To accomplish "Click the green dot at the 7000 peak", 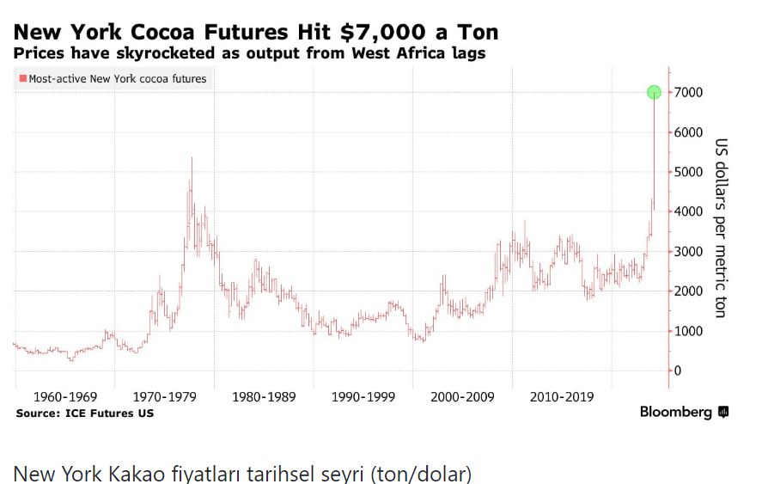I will (x=654, y=92).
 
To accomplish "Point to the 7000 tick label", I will (x=688, y=92).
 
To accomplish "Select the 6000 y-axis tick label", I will (x=688, y=132).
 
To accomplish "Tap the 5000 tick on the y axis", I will (x=688, y=172).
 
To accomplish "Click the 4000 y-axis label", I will (x=688, y=211).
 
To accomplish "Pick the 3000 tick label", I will (x=688, y=251).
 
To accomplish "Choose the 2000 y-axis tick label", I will (x=688, y=291).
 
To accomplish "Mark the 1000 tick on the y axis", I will (x=688, y=331).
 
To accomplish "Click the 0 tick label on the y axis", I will (x=678, y=371).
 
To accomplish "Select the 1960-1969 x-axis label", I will (x=64, y=397).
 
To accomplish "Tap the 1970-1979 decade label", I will (x=164, y=397).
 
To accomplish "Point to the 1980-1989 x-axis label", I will (x=264, y=397).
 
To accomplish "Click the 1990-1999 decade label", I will (x=363, y=397).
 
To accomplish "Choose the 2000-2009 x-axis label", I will (x=462, y=397).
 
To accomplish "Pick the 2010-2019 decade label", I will (x=562, y=397).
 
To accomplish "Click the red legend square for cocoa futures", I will (x=22, y=79).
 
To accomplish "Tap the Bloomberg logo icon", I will (x=723, y=412).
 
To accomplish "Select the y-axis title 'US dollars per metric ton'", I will (x=722, y=228).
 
